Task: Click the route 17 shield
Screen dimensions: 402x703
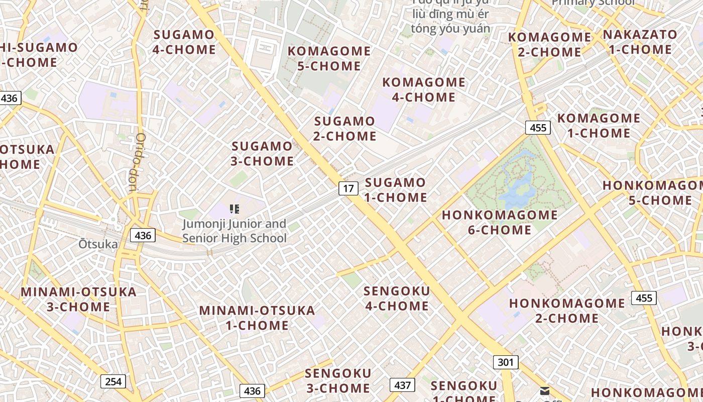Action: [348, 188]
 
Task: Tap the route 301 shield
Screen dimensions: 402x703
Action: [505, 362]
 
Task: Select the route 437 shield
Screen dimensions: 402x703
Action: [402, 385]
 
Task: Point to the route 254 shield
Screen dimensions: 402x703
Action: [113, 381]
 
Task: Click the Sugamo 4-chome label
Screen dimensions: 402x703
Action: [184, 42]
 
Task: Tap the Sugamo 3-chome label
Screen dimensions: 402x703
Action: [262, 154]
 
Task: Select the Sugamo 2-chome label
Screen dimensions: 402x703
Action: [345, 129]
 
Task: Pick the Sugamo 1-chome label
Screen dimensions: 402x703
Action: [396, 190]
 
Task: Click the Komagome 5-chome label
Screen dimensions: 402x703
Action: [329, 58]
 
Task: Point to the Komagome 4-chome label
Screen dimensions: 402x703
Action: [424, 89]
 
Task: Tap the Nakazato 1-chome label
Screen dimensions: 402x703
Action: [640, 42]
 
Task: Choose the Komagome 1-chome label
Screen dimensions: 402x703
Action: [599, 126]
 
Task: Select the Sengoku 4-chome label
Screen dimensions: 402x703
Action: [397, 298]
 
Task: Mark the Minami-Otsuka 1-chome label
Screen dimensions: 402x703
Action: [257, 318]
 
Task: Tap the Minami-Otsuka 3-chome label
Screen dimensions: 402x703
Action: [78, 299]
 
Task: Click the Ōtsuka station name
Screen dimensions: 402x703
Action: [98, 245]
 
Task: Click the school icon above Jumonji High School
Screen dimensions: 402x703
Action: [234, 209]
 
